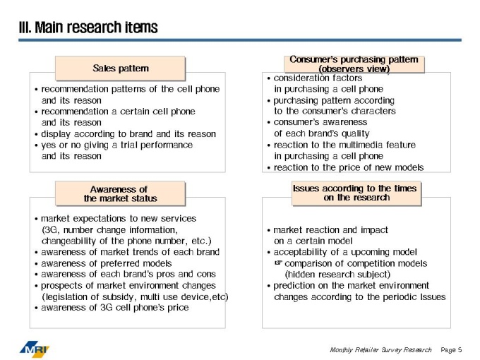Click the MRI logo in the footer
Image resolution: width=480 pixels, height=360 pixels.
pyautogui.click(x=35, y=349)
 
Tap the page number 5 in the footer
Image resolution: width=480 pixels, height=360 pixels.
pyautogui.click(x=460, y=349)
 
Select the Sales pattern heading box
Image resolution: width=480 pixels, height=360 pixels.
pyautogui.click(x=120, y=68)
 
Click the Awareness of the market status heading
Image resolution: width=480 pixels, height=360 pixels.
pyautogui.click(x=120, y=194)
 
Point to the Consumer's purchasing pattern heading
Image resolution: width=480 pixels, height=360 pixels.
pyautogui.click(x=354, y=64)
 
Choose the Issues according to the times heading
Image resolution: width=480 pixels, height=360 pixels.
pyautogui.click(x=356, y=193)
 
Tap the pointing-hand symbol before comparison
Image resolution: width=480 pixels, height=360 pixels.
pyautogui.click(x=278, y=263)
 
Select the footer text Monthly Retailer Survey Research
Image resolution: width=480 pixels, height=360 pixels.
pyautogui.click(x=380, y=349)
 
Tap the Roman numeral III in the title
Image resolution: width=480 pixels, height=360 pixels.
pyautogui.click(x=25, y=28)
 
